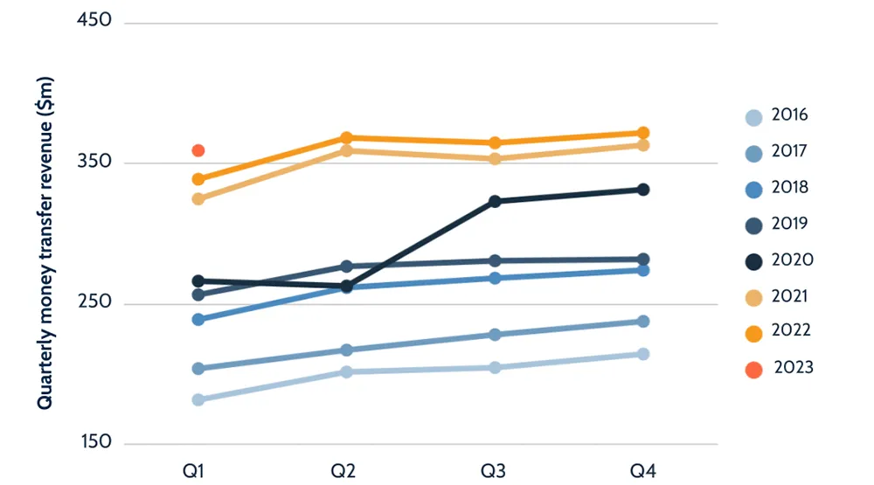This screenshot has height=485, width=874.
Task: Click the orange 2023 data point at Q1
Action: [x=198, y=150]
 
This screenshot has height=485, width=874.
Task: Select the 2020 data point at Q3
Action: [x=495, y=201]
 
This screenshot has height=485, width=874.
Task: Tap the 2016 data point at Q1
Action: [x=198, y=399]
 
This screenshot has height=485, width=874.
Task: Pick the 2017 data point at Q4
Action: [x=643, y=322]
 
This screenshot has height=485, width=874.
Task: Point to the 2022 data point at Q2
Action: [x=346, y=138]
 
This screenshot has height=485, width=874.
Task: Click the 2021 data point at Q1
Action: [x=198, y=198]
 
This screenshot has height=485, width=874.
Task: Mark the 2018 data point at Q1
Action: [x=198, y=320]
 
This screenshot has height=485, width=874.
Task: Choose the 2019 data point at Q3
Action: [x=495, y=260]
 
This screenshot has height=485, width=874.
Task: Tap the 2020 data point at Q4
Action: [x=643, y=190]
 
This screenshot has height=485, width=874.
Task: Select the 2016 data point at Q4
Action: [x=643, y=354]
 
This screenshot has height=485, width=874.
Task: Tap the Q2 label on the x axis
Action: [x=343, y=471]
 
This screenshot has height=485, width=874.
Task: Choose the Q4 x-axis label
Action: [x=644, y=471]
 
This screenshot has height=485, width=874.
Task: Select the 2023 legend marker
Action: [x=753, y=370]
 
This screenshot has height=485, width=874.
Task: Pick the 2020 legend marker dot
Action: [x=753, y=261]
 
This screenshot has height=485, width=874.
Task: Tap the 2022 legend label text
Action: [x=790, y=331]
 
